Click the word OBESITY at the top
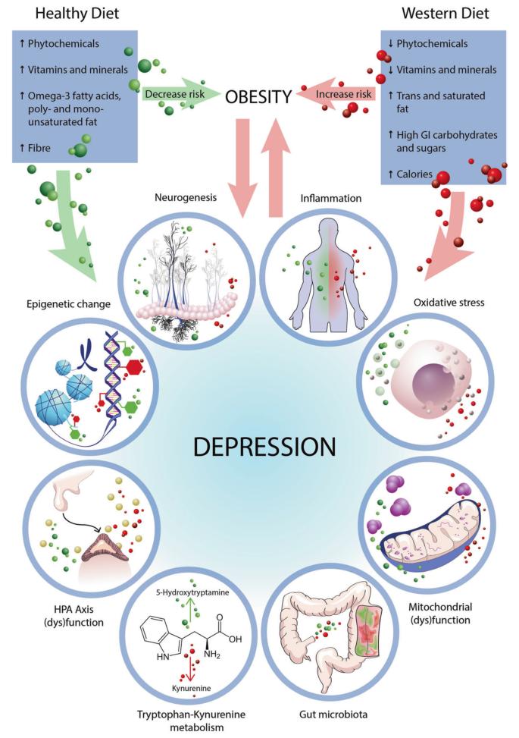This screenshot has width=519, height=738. [259, 96]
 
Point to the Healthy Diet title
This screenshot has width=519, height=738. [65, 13]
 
